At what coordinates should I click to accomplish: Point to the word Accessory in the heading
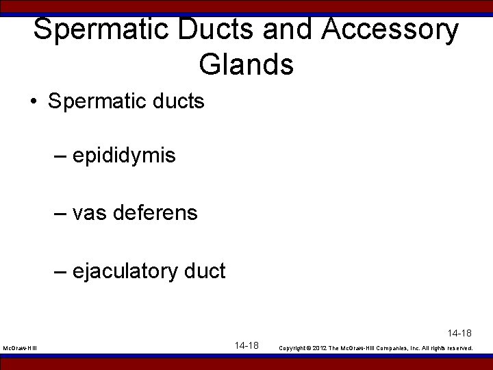(x=392, y=30)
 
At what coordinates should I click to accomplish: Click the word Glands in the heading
(x=246, y=65)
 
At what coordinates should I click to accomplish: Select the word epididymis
(x=124, y=156)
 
